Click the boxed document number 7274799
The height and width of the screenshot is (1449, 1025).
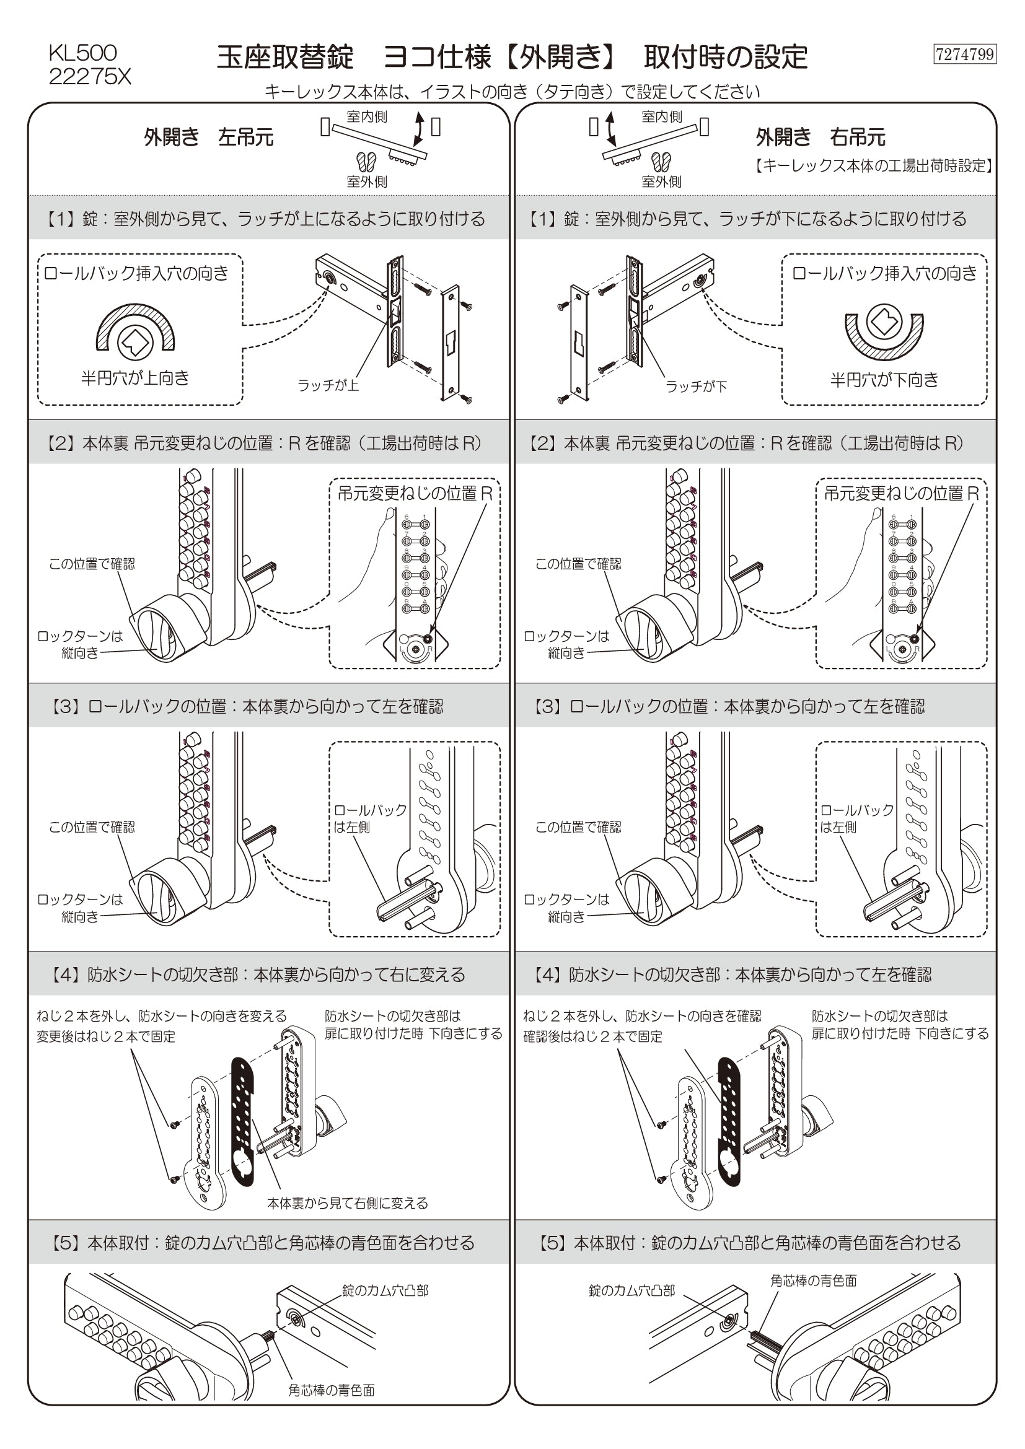pos(964,55)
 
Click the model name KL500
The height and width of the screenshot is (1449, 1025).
pos(82,53)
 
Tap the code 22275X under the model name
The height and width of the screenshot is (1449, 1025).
pos(90,77)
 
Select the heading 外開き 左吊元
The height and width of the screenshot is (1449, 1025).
pos(208,137)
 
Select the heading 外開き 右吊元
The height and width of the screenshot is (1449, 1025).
pos(820,137)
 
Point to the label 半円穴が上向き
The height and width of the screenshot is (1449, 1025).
pos(135,378)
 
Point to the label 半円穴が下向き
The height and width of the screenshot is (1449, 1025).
pos(884,379)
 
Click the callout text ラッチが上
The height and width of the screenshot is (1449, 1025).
pos(328,385)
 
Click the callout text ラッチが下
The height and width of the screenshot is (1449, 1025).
pos(696,386)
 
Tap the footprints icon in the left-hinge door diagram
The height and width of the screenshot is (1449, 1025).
pos(366,162)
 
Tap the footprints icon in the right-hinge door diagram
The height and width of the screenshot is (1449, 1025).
pos(661,162)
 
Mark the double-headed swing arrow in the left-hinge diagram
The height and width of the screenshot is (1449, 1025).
pos(418,129)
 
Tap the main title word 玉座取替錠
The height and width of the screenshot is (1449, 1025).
pos(285,58)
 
